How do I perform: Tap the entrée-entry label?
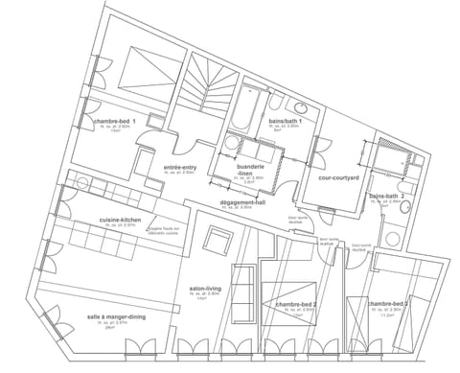coord(180,166)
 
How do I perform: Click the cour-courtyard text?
coord(334,178)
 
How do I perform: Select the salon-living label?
coord(203,288)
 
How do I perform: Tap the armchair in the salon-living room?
coord(219,241)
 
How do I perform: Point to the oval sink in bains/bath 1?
coord(300,106)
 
